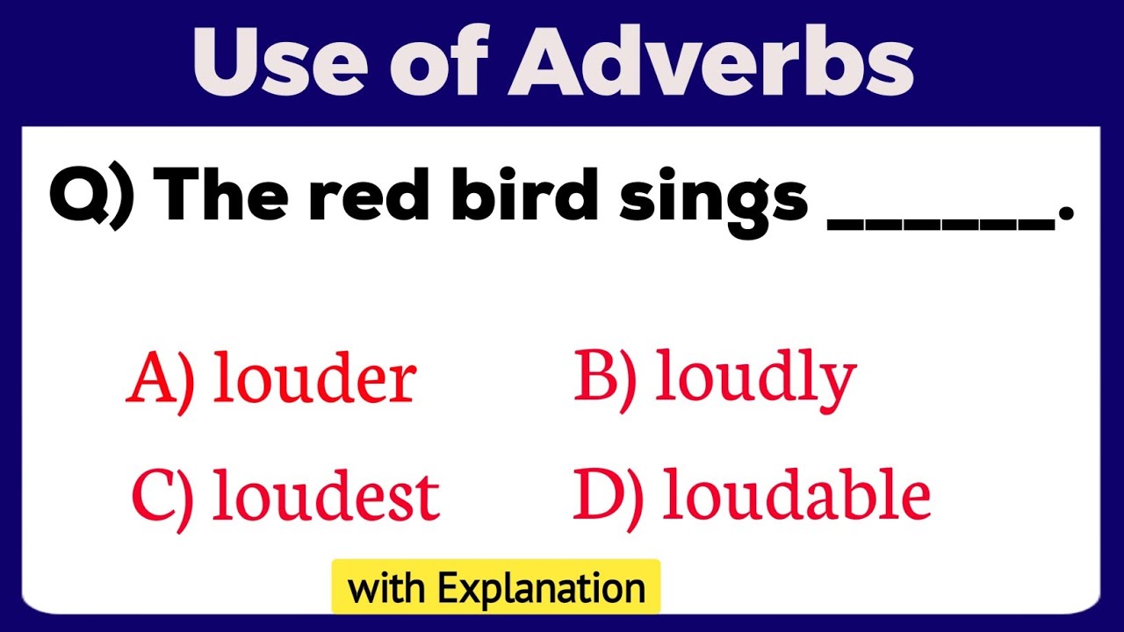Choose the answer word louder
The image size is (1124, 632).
tap(314, 380)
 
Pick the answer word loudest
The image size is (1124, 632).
tap(326, 496)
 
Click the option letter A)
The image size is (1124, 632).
tap(160, 380)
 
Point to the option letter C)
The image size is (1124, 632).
tap(162, 496)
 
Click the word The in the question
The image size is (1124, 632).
tap(218, 198)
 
